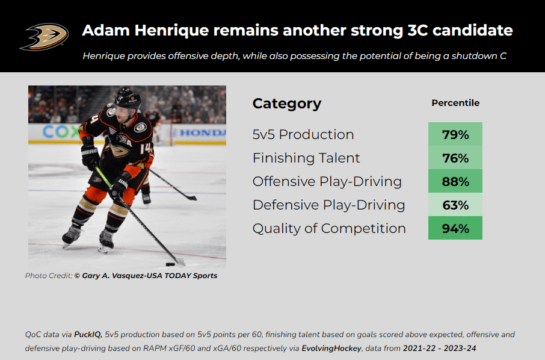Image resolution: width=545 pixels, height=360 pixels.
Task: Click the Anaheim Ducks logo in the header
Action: pos(44,37)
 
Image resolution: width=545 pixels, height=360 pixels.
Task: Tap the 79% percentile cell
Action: pos(455,134)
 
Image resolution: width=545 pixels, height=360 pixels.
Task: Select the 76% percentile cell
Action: pos(455,158)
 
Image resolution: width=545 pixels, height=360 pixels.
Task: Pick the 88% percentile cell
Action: pos(455,181)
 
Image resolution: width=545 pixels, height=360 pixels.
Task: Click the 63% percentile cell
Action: pos(455,205)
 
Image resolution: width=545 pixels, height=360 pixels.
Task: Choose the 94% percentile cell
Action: pos(455,228)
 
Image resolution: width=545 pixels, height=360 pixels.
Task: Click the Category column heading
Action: pos(287,104)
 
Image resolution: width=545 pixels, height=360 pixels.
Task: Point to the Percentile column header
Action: pos(455,103)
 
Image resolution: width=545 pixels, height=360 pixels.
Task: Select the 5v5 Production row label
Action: pos(303,135)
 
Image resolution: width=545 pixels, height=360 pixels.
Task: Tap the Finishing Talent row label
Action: pos(306,158)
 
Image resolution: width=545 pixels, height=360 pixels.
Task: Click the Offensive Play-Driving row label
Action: pos(327,182)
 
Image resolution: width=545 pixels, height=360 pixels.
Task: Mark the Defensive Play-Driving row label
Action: pos(329,205)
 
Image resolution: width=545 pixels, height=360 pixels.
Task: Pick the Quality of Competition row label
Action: pos(329,229)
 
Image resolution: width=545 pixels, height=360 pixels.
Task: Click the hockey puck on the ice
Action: pos(170,264)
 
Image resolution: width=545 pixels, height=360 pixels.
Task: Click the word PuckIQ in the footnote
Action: pos(88,335)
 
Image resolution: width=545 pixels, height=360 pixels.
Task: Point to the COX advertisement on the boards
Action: pos(60,132)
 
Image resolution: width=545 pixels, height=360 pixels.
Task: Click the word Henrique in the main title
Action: pos(171,31)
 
